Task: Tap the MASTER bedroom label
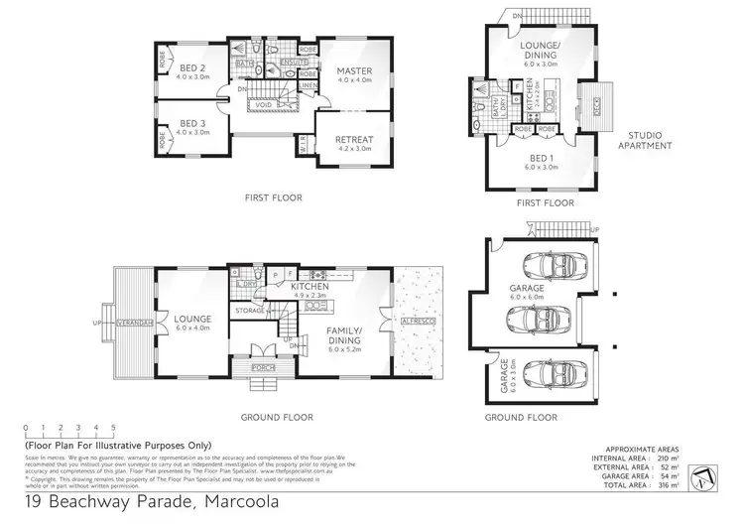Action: tap(353, 71)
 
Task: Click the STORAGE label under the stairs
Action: tap(249, 312)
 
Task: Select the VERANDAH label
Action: tap(135, 323)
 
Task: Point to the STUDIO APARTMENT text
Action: tap(650, 140)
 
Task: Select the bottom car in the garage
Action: tap(547, 374)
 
